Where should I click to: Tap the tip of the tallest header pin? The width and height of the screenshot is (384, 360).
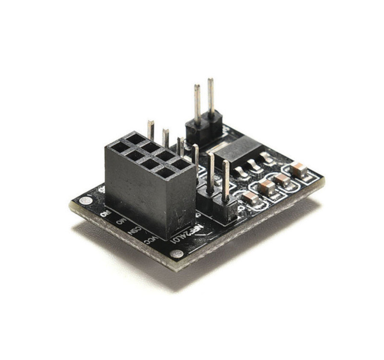pyautogui.click(x=210, y=81)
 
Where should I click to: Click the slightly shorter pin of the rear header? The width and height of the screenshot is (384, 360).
pyautogui.click(x=197, y=87)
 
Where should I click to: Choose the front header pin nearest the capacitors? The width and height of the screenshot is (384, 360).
pyautogui.click(x=226, y=179)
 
